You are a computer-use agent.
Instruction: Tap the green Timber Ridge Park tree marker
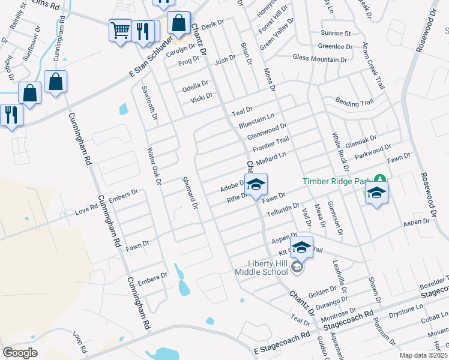(x=379, y=179)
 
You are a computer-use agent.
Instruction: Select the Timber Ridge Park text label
(x=336, y=180)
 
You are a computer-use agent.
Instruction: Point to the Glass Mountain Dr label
(x=320, y=58)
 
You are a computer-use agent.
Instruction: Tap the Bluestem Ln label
(x=256, y=119)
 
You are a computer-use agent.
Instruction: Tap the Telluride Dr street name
(x=283, y=209)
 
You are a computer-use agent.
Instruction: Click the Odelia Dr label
(x=195, y=86)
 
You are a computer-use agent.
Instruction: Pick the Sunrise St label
(x=335, y=33)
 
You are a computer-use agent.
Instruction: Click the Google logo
(x=20, y=353)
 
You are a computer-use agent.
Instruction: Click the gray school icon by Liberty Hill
(x=297, y=267)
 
